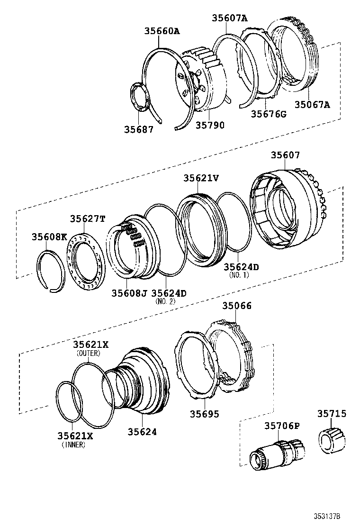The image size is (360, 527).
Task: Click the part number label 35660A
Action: pos(162,31)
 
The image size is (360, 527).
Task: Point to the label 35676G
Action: pos(269,114)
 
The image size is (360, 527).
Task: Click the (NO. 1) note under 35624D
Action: pos(238,275)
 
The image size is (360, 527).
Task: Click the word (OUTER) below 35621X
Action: pos(90,353)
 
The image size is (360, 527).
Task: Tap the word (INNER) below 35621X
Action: pos(73,445)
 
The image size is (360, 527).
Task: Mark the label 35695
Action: pos(205,414)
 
